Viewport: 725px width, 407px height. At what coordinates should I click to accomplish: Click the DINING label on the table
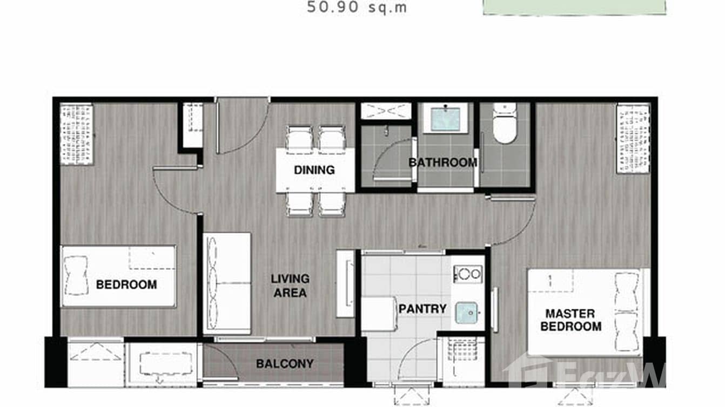click(x=314, y=170)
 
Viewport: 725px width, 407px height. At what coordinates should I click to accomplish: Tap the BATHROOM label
click(x=442, y=162)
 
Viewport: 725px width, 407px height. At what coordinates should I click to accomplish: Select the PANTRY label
click(x=422, y=309)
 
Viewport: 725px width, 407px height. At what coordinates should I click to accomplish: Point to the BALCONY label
click(x=285, y=364)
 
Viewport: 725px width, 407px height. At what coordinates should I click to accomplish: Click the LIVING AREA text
click(x=290, y=286)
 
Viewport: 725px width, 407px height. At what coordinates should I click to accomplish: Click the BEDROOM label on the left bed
click(x=126, y=284)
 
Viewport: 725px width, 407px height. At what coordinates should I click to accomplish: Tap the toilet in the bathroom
click(x=505, y=125)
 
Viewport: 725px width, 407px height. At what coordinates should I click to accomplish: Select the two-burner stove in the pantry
click(x=468, y=274)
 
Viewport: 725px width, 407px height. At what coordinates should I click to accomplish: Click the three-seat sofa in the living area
click(x=227, y=283)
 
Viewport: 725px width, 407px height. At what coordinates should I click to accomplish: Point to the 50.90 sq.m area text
click(x=357, y=8)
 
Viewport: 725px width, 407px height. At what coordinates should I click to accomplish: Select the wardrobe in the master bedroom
click(x=633, y=138)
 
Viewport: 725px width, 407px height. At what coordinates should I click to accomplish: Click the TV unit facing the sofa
click(x=345, y=283)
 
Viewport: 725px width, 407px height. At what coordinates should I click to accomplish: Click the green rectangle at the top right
click(x=574, y=7)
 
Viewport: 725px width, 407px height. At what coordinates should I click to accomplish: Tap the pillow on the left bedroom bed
click(x=76, y=276)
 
